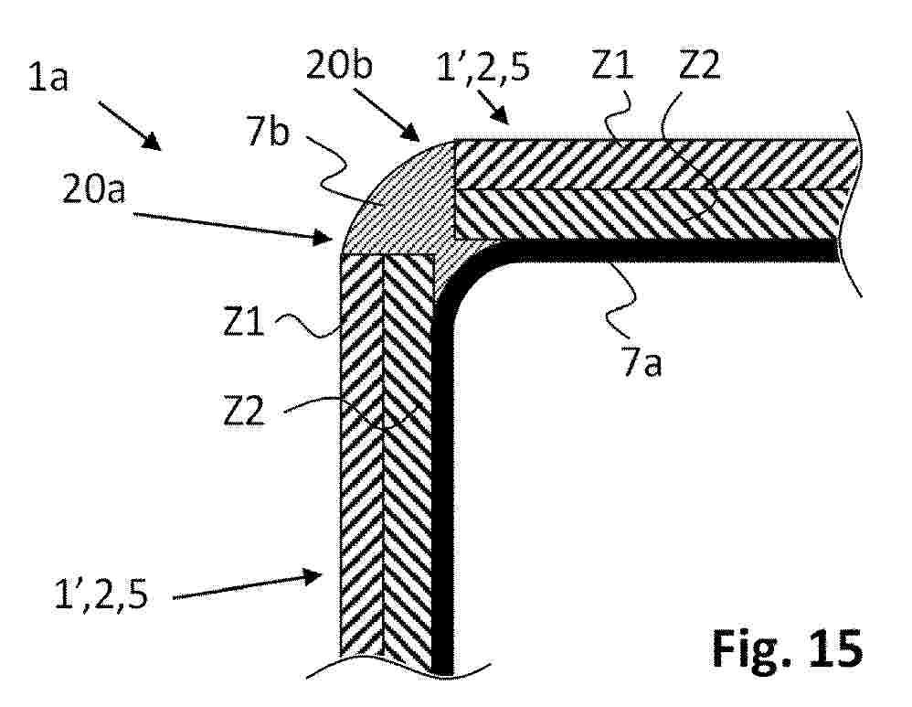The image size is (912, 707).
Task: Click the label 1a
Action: [48, 78]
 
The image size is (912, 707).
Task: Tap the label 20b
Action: [339, 64]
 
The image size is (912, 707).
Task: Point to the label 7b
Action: [268, 133]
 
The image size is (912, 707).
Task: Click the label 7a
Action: [641, 363]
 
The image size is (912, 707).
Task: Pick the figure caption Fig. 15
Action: [787, 648]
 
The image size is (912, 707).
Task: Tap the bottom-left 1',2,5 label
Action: [101, 595]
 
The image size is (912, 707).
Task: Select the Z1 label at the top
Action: [612, 64]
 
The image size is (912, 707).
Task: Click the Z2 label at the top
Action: [700, 64]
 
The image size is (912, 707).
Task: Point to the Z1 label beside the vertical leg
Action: [244, 321]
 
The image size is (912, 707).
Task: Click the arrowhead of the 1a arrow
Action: [154, 143]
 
